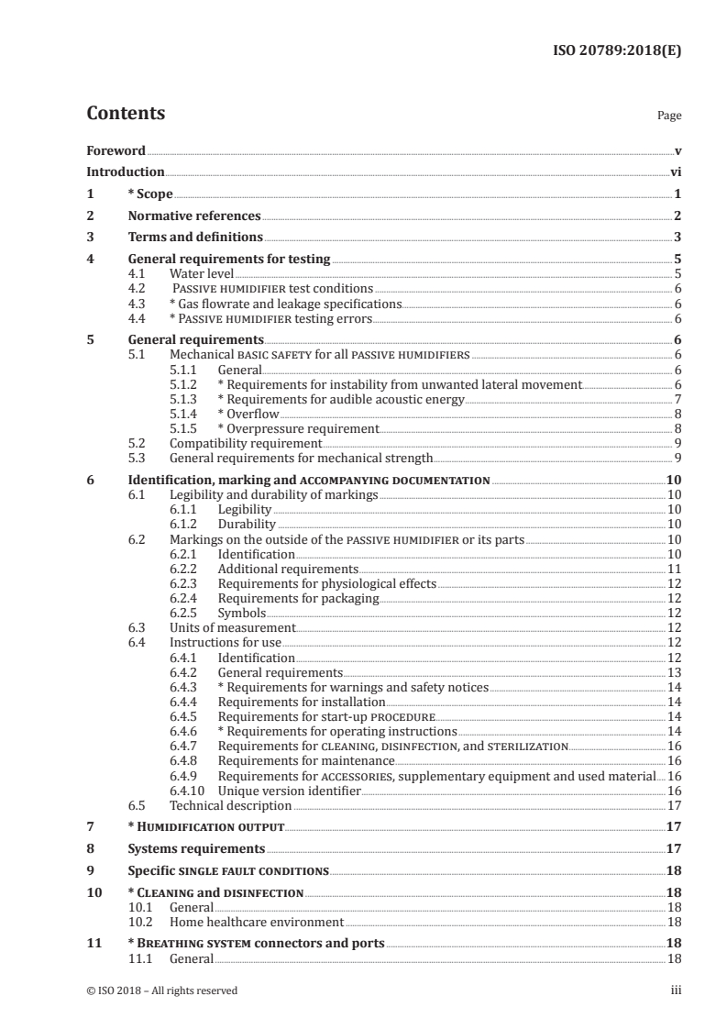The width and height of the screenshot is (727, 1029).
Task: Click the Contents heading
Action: coord(126,114)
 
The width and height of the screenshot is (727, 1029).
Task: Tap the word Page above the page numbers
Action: coord(669,116)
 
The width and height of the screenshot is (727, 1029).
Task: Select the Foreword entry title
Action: coord(116,150)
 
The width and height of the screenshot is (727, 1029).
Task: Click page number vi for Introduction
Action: coord(675,171)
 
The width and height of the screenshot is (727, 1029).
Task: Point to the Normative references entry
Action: coord(194,216)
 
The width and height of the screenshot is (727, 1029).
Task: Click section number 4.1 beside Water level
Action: coord(138,273)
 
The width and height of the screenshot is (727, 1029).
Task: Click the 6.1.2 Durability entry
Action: coord(247,525)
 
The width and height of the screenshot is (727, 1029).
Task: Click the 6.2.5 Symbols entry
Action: coord(242,613)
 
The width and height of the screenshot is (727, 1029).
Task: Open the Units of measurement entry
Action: coord(233,627)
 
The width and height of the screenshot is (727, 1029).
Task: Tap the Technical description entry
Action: coord(230,805)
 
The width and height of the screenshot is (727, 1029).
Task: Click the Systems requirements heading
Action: coord(196,848)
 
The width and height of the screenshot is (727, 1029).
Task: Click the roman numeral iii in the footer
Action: coord(676,990)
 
